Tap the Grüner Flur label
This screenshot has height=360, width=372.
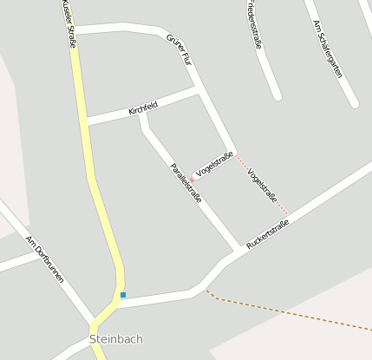click(x=178, y=49)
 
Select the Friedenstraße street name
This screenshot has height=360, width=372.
click(x=253, y=24)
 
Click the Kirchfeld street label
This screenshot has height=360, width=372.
click(x=143, y=108)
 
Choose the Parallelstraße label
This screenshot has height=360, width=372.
click(x=186, y=183)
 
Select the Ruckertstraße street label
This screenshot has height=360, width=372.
click(x=267, y=234)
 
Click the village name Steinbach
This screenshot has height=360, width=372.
click(x=115, y=339)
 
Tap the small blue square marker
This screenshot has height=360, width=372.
click(x=123, y=295)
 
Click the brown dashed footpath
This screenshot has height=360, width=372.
click(x=286, y=315)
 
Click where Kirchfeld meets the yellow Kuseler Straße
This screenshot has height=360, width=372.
click(x=86, y=121)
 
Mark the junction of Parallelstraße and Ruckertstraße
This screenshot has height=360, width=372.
click(x=239, y=251)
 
